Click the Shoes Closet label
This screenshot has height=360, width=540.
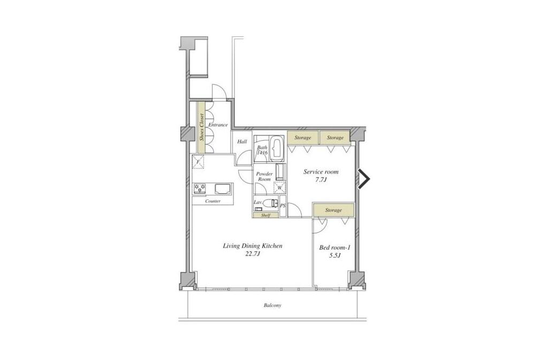(202, 127)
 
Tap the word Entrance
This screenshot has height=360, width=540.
(218, 125)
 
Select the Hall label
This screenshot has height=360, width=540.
(242, 141)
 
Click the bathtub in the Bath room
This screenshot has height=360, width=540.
(277, 149)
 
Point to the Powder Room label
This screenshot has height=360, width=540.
(264, 177)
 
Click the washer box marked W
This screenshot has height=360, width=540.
(280, 188)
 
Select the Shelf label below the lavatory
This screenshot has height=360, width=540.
(265, 216)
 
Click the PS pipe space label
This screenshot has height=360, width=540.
(283, 206)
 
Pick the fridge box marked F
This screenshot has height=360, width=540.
(199, 162)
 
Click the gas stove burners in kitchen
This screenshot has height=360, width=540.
(200, 188)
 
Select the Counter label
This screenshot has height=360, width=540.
(213, 201)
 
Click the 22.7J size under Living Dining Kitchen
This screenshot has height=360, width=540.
(253, 254)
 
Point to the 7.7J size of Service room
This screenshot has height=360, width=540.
(321, 179)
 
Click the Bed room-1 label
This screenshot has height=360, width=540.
(334, 248)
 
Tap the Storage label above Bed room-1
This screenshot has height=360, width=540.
(333, 210)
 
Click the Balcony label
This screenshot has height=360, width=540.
(273, 305)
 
